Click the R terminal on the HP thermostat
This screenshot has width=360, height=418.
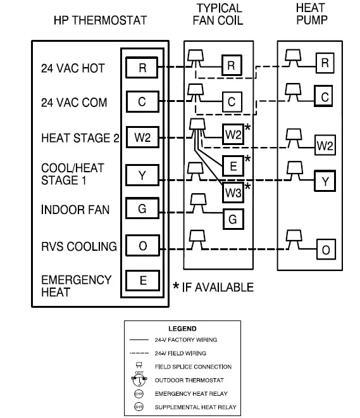(x=142, y=68)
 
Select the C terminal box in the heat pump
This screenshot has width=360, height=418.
(x=325, y=97)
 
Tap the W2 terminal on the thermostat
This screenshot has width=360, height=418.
(x=142, y=137)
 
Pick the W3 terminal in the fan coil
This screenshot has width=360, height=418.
(x=233, y=191)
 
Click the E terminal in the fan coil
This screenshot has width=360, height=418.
(x=233, y=167)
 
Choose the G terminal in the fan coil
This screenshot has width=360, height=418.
(x=233, y=219)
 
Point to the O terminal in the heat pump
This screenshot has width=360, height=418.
(x=325, y=250)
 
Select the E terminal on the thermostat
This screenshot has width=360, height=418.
(x=142, y=280)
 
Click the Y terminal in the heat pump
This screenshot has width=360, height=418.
(x=325, y=182)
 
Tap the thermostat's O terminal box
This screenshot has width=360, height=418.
(x=142, y=246)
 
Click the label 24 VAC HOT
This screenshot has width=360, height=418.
(x=73, y=68)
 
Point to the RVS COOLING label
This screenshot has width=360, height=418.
(x=78, y=246)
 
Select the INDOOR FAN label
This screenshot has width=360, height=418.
(x=75, y=210)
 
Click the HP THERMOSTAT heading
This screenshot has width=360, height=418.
(x=100, y=20)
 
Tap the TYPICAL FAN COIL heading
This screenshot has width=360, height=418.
(x=219, y=14)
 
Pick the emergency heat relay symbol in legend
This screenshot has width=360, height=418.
(x=139, y=394)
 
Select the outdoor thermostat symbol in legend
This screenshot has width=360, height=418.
(x=139, y=380)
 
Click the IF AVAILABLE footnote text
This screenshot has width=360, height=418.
(x=217, y=288)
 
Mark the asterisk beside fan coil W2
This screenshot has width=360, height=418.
(x=247, y=129)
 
